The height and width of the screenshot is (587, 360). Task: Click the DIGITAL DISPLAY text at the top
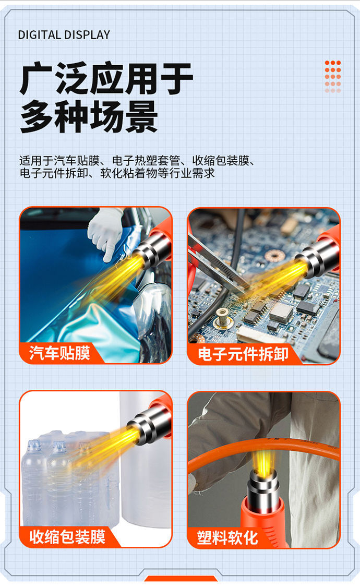[64, 35]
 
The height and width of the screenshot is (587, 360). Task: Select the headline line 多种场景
[89, 117]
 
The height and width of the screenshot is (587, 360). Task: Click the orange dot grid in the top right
[332, 76]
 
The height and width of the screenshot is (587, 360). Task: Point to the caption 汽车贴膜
[59, 353]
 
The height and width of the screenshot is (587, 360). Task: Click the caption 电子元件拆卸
[243, 354]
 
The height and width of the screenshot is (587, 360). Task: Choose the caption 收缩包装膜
[67, 536]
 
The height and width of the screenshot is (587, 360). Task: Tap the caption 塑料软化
[227, 537]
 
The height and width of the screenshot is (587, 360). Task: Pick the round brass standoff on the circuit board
[222, 315]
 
